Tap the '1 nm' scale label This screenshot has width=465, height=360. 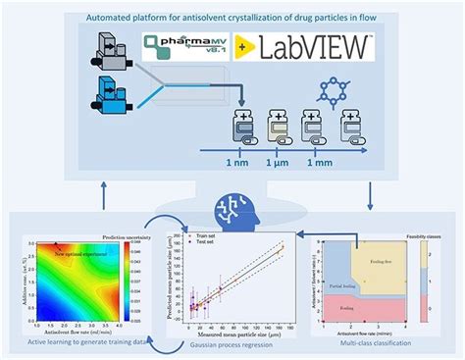point(237,162)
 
